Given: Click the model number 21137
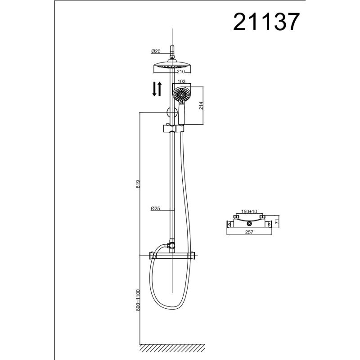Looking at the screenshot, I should click(x=265, y=21).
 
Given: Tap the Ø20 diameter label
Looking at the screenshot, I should click(x=157, y=51).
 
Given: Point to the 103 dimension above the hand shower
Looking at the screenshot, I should click(x=182, y=81).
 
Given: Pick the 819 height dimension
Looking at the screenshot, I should click(x=138, y=184).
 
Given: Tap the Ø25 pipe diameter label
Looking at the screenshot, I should click(x=156, y=208).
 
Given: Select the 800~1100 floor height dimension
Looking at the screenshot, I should click(x=138, y=300).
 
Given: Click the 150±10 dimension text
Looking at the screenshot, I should click(x=249, y=211).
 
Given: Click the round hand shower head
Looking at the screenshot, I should click(x=181, y=96).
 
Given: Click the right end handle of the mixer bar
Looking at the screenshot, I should click(x=192, y=256).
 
